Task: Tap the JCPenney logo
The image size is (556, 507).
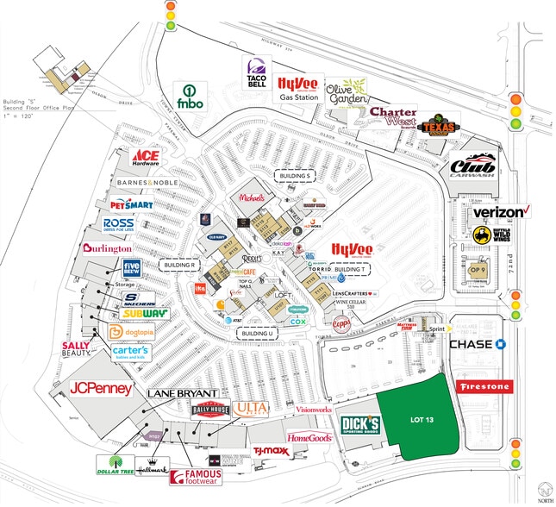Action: click(x=102, y=389)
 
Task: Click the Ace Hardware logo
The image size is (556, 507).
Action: click(x=147, y=157)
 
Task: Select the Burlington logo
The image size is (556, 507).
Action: click(x=107, y=248)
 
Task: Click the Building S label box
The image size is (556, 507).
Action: click(x=293, y=176)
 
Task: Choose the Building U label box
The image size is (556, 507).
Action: click(x=258, y=333)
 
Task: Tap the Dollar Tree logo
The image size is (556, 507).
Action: click(x=114, y=465)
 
